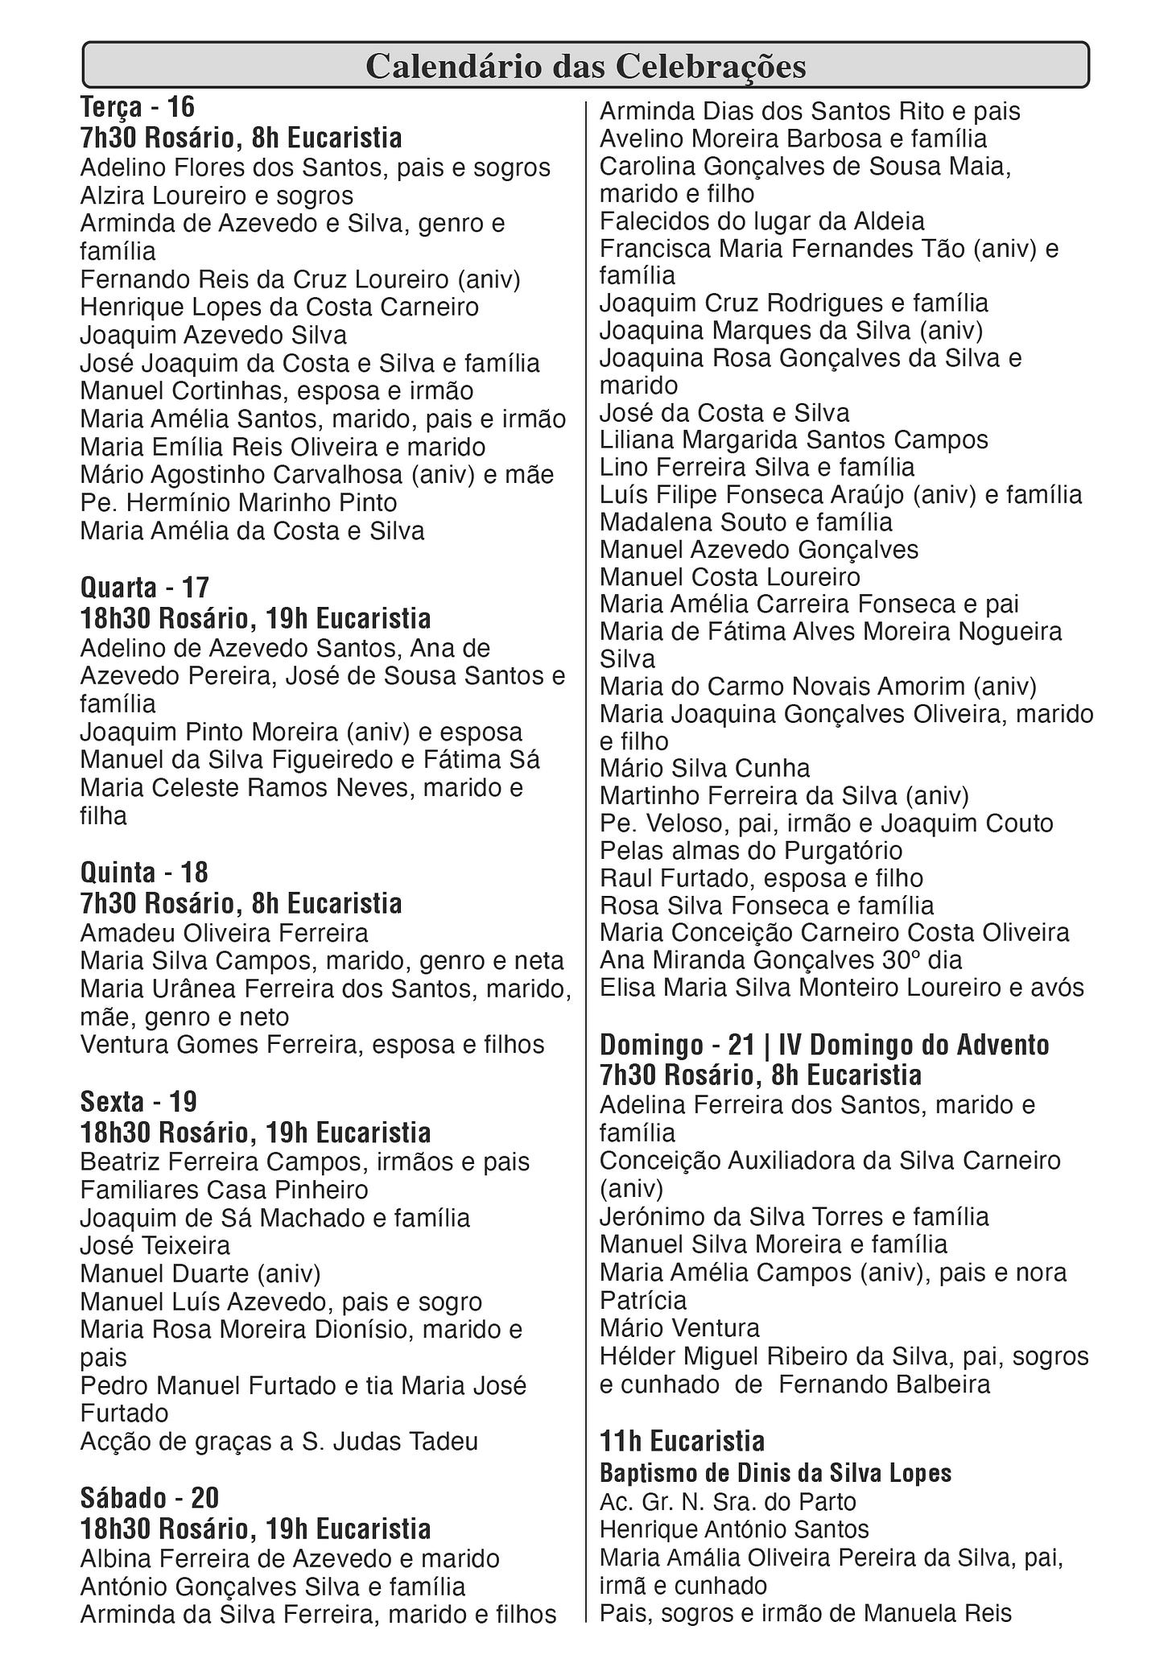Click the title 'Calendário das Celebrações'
pyautogui.click(x=585, y=66)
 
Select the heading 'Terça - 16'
pyautogui.click(x=138, y=106)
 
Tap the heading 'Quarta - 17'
pyautogui.click(x=145, y=587)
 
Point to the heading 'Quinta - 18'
pyautogui.click(x=144, y=872)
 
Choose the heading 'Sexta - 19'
pyautogui.click(x=138, y=1101)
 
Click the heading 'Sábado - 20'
pyautogui.click(x=149, y=1497)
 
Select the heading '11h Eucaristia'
pyautogui.click(x=682, y=1440)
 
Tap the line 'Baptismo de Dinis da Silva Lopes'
pyautogui.click(x=775, y=1473)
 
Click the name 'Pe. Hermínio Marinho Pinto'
pyautogui.click(x=238, y=503)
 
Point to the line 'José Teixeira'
pyautogui.click(x=155, y=1245)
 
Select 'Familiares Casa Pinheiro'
pyautogui.click(x=224, y=1190)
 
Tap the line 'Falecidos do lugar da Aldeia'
pyautogui.click(x=761, y=221)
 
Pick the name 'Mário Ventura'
pyautogui.click(x=679, y=1327)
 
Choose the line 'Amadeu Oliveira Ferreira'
pyautogui.click(x=224, y=933)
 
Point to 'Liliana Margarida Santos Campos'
pyautogui.click(x=794, y=440)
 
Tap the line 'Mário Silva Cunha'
pyautogui.click(x=704, y=768)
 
